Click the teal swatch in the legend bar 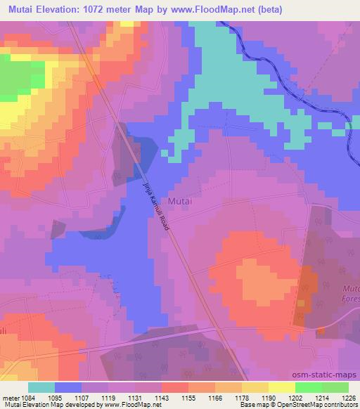[x=41, y=387]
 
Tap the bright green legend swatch [x=308, y=387]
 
